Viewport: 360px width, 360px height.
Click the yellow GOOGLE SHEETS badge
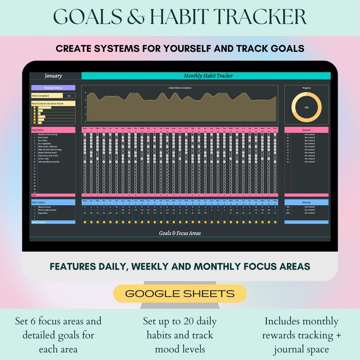[x=180, y=293]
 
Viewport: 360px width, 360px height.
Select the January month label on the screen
[x=53, y=76]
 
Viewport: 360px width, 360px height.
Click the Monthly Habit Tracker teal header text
[x=208, y=76]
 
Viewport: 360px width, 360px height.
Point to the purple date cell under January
[x=53, y=88]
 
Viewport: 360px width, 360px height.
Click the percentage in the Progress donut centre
[x=306, y=107]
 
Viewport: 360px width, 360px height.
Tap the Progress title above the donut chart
[x=306, y=88]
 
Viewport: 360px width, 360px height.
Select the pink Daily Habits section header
[x=53, y=130]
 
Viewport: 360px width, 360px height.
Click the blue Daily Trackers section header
[x=53, y=202]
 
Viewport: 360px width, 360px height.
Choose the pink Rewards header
[x=306, y=130]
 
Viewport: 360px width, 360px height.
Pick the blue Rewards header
[x=306, y=202]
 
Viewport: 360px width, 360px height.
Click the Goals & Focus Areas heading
[x=180, y=233]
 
